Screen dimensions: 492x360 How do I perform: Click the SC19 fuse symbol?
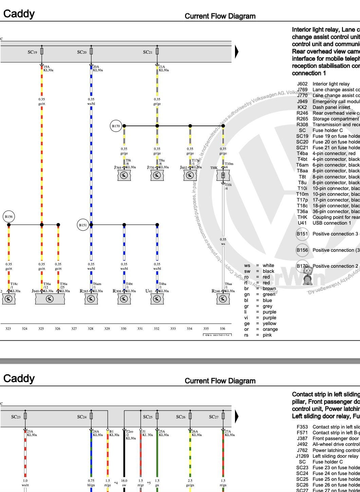pos(42,52)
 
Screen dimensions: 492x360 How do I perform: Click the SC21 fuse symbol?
pos(157,52)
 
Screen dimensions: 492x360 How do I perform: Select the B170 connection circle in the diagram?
pos(116,126)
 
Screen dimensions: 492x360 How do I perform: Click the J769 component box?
pos(124,175)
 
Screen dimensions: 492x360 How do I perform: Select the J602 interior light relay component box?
pos(190,175)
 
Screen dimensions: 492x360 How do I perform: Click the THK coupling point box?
pos(223,175)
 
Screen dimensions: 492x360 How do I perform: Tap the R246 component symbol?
pos(223,299)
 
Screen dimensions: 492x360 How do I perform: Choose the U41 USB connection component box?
pos(157,299)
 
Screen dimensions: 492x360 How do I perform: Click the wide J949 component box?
pos(50,299)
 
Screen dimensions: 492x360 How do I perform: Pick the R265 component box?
pos(91,299)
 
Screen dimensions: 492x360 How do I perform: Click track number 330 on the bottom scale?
pos(124,328)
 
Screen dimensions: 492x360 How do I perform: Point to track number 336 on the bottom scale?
pos(222,328)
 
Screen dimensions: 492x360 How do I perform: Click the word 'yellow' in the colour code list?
pos(269,323)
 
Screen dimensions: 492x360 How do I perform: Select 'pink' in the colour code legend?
pos(267,335)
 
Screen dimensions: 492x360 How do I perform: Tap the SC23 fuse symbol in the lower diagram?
pos(25,416)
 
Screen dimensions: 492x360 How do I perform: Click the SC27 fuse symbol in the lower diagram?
pos(223,416)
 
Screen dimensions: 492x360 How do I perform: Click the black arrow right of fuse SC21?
pos(237,52)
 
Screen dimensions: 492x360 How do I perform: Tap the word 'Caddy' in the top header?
pos(19,14)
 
